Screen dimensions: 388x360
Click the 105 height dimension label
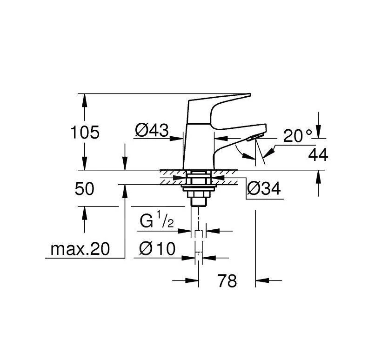click(x=85, y=133)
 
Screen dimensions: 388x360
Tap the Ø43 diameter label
click(x=152, y=130)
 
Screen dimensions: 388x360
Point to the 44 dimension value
click(x=318, y=155)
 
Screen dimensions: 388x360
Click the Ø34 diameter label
click(x=264, y=189)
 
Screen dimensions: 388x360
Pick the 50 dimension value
click(x=84, y=189)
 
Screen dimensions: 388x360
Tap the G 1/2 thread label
click(x=157, y=221)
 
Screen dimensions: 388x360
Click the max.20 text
click(x=80, y=249)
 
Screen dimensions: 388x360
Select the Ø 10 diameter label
click(x=157, y=248)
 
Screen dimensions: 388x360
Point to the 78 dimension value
click(x=227, y=280)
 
